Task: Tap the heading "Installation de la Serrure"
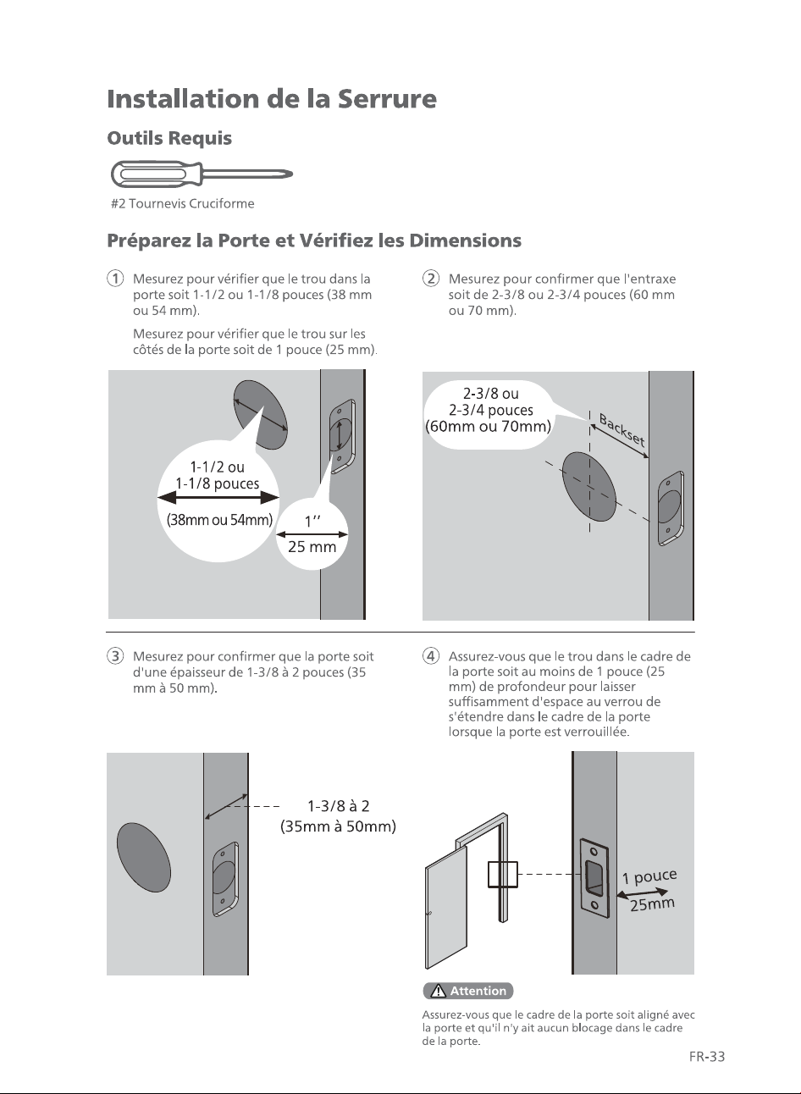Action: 272,99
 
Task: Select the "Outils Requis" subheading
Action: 169,138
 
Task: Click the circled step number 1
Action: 115,279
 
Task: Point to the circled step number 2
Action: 431,279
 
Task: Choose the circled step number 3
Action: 115,656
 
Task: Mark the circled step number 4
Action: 431,656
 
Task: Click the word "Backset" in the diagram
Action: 622,430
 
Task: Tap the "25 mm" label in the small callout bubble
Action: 312,546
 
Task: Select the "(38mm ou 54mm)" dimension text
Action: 220,520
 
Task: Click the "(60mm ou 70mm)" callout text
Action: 488,427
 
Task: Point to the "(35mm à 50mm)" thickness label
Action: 338,826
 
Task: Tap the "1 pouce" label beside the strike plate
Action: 649,876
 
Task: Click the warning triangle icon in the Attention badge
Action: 439,991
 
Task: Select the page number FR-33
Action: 707,1057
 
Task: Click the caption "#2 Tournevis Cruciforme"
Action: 183,204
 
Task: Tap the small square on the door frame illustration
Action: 503,874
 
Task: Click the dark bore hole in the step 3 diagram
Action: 144,858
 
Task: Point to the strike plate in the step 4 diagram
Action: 594,877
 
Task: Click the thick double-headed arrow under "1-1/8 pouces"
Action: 218,498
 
